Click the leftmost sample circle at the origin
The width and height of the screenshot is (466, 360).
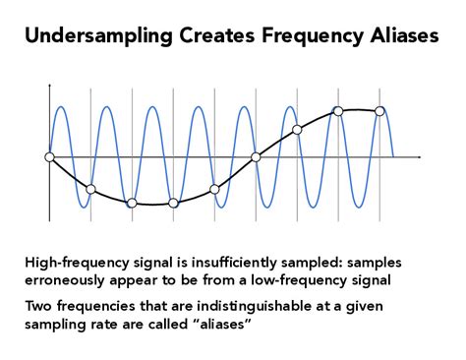tap(49, 156)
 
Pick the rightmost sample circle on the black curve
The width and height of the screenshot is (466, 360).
tap(379, 111)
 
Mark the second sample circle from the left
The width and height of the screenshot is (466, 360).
tap(90, 189)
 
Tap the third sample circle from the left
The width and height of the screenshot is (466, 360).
tap(132, 204)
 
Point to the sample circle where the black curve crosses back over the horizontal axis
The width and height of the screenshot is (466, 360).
tap(256, 156)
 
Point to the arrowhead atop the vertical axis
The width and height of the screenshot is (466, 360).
tap(49, 89)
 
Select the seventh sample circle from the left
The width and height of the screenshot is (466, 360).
tap(297, 129)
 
